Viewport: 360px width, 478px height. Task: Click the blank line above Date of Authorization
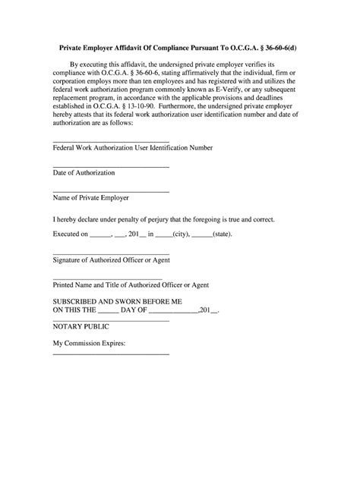click(110, 166)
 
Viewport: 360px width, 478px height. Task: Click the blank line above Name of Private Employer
click(110, 191)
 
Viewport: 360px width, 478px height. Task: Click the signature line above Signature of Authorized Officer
click(110, 253)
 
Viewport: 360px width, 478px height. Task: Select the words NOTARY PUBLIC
click(81, 326)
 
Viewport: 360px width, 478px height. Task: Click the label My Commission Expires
click(89, 342)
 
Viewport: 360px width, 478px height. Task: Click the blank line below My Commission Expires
click(110, 354)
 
